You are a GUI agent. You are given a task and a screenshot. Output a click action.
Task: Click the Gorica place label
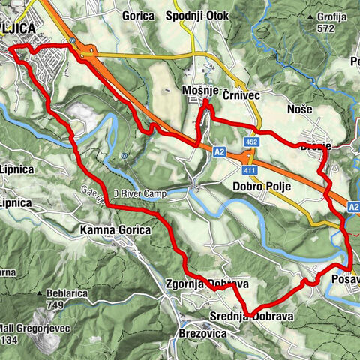tap(139, 15)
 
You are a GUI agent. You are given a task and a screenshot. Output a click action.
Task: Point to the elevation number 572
tap(325, 28)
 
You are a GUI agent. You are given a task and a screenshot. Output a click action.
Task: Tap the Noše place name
tap(300, 109)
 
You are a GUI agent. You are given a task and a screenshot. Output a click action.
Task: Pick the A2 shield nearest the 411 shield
tap(218, 152)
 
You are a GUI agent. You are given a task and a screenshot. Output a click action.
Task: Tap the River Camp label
tap(137, 194)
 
